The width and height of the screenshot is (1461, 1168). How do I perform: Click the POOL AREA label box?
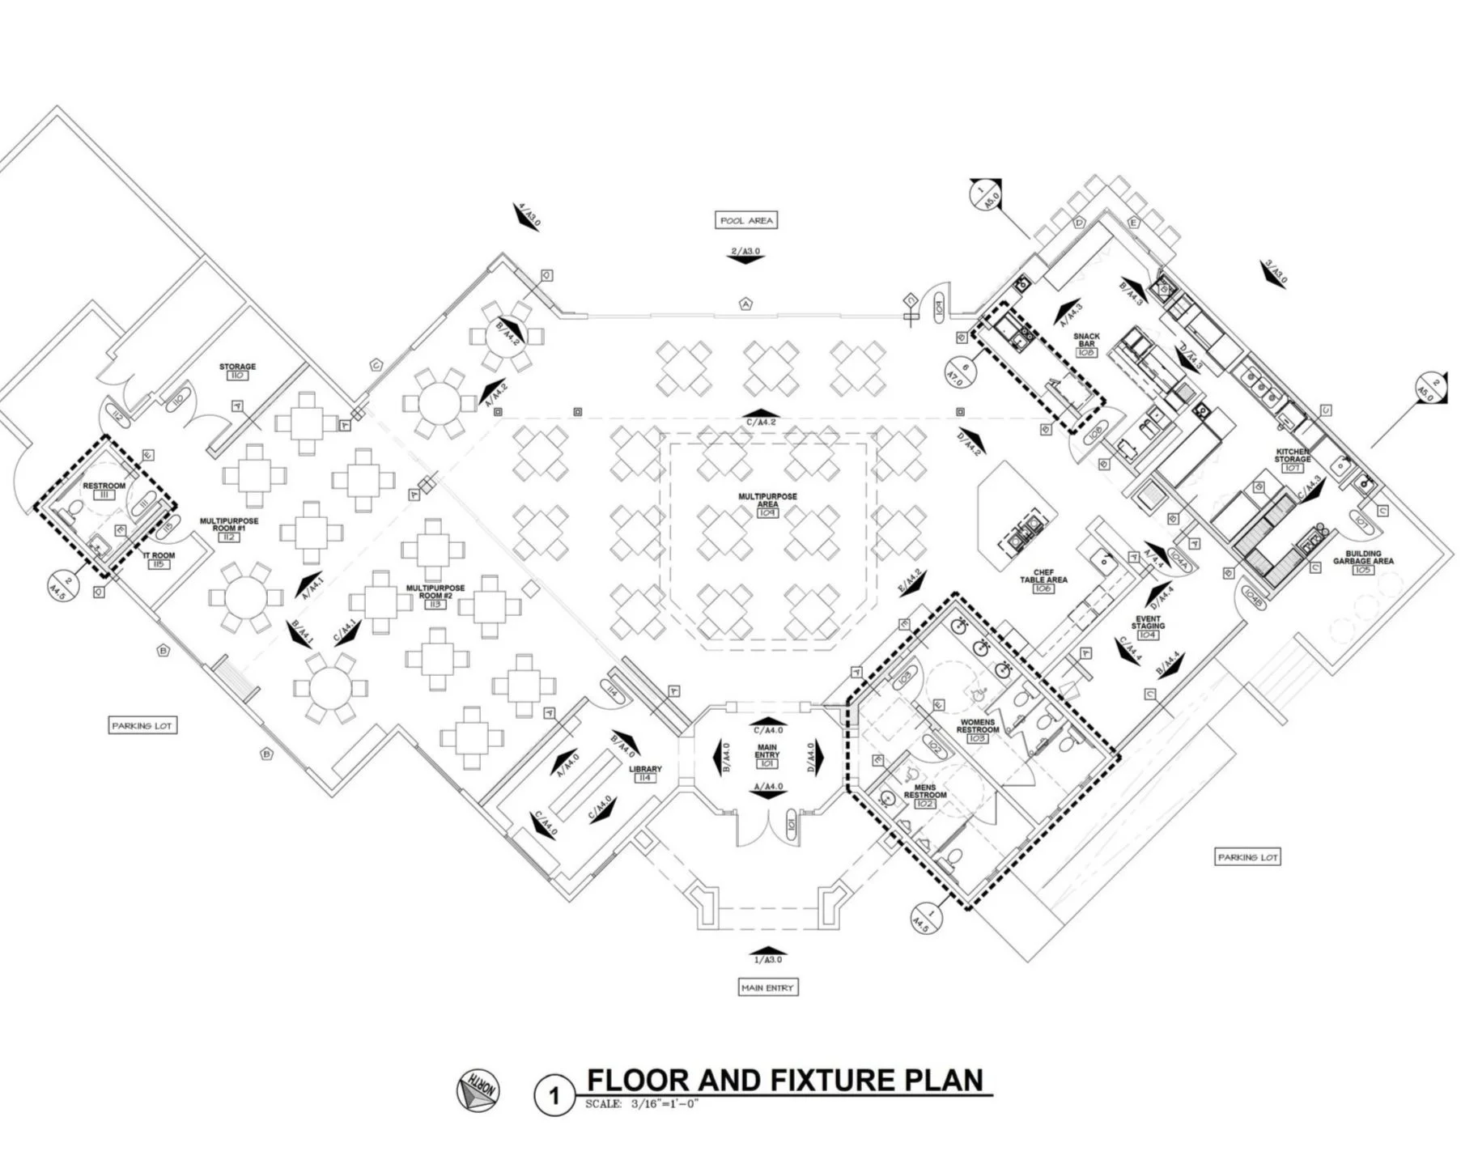(x=747, y=220)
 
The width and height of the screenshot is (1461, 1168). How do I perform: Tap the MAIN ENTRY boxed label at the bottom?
(x=767, y=987)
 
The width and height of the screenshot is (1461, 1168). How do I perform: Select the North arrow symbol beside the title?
(x=478, y=1090)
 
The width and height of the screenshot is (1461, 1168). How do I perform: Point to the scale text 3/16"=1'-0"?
(x=641, y=1104)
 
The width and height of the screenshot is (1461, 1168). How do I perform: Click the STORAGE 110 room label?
(x=237, y=371)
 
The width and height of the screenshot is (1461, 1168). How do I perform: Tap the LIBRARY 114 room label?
(x=645, y=773)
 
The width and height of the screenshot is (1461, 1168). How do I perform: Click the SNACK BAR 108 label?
(x=1086, y=344)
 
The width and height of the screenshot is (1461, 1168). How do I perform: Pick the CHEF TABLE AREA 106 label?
(x=1043, y=580)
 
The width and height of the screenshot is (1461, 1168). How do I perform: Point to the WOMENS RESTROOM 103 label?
(x=977, y=729)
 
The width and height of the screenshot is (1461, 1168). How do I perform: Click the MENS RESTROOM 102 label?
(x=925, y=795)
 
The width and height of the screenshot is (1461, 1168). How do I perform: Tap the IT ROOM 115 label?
(x=159, y=559)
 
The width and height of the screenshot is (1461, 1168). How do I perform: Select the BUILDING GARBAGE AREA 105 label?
(x=1363, y=561)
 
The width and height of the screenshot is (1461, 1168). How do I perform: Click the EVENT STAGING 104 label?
(x=1148, y=626)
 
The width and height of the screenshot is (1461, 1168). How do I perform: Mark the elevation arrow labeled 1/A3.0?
(x=767, y=954)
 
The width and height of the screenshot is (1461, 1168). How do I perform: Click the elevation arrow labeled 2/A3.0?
(x=745, y=255)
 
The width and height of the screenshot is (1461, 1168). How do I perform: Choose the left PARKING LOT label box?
(x=142, y=725)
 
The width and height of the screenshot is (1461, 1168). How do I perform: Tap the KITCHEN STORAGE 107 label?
(x=1292, y=459)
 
